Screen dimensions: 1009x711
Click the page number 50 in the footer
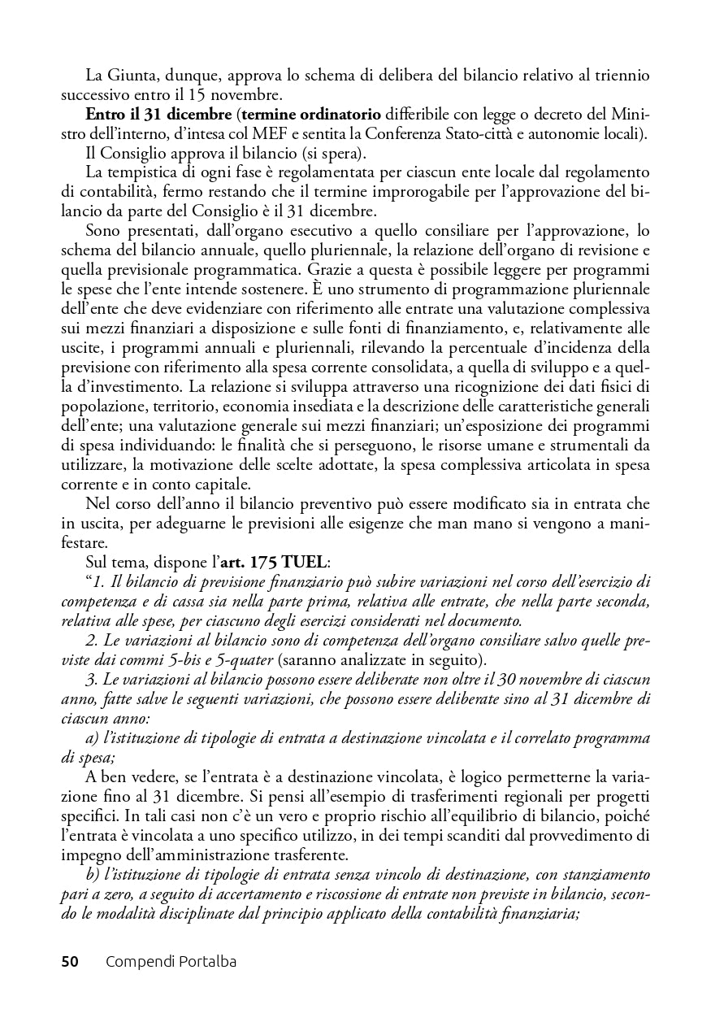point(70,962)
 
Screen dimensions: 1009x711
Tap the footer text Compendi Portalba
point(171,962)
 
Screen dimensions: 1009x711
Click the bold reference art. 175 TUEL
point(277,563)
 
